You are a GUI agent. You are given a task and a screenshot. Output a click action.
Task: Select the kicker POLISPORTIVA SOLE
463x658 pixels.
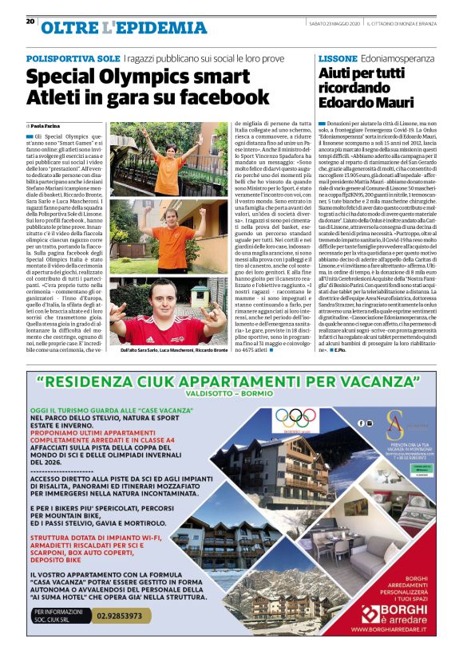coord(73,59)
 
